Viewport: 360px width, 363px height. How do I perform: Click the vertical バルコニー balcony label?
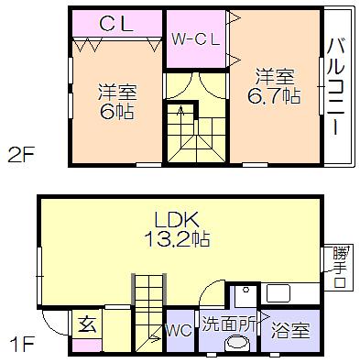tap(335, 85)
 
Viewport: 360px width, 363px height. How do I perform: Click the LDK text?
tap(177, 219)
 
